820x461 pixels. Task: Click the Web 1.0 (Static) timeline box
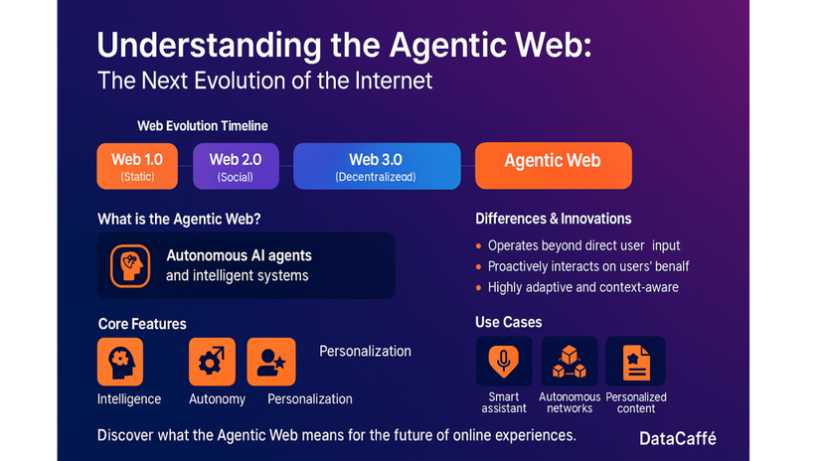(x=137, y=166)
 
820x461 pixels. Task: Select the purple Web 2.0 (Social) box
(x=236, y=166)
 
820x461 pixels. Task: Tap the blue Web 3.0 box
(x=377, y=166)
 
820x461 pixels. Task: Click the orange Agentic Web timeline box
(x=554, y=166)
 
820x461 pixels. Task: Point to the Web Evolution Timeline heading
(x=203, y=126)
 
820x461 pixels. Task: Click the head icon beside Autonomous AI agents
(x=130, y=266)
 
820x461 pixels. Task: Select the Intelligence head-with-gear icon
(x=120, y=362)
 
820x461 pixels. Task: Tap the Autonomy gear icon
(x=212, y=362)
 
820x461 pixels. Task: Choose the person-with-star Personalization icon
(x=271, y=362)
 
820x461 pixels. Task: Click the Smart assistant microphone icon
(x=504, y=362)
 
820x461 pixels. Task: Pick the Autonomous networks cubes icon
(x=570, y=362)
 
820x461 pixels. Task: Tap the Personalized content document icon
(x=636, y=362)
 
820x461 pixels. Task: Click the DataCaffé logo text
(x=678, y=438)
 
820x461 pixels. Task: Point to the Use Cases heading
(x=508, y=322)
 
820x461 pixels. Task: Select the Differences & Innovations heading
(x=554, y=219)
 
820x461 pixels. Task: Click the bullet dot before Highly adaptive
(x=478, y=287)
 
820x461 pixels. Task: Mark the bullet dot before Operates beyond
(x=478, y=245)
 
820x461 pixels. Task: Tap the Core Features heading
(x=142, y=324)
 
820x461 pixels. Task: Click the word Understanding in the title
(x=209, y=46)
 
